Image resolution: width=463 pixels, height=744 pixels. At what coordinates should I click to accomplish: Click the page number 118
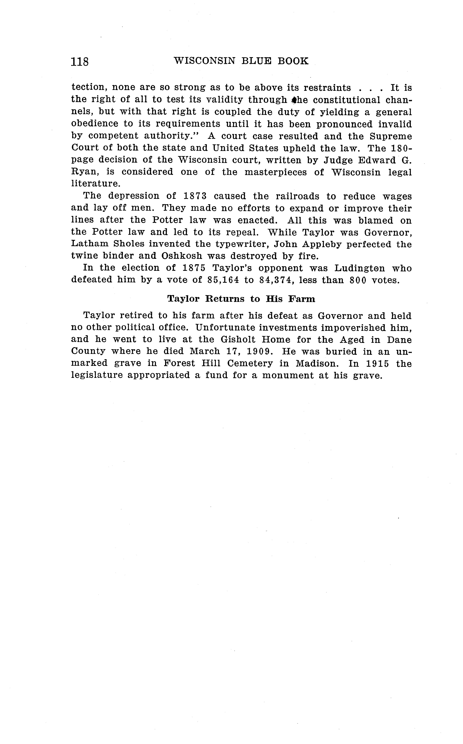[80, 62]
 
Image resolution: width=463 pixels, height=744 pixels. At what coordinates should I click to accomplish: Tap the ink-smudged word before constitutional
[296, 100]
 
